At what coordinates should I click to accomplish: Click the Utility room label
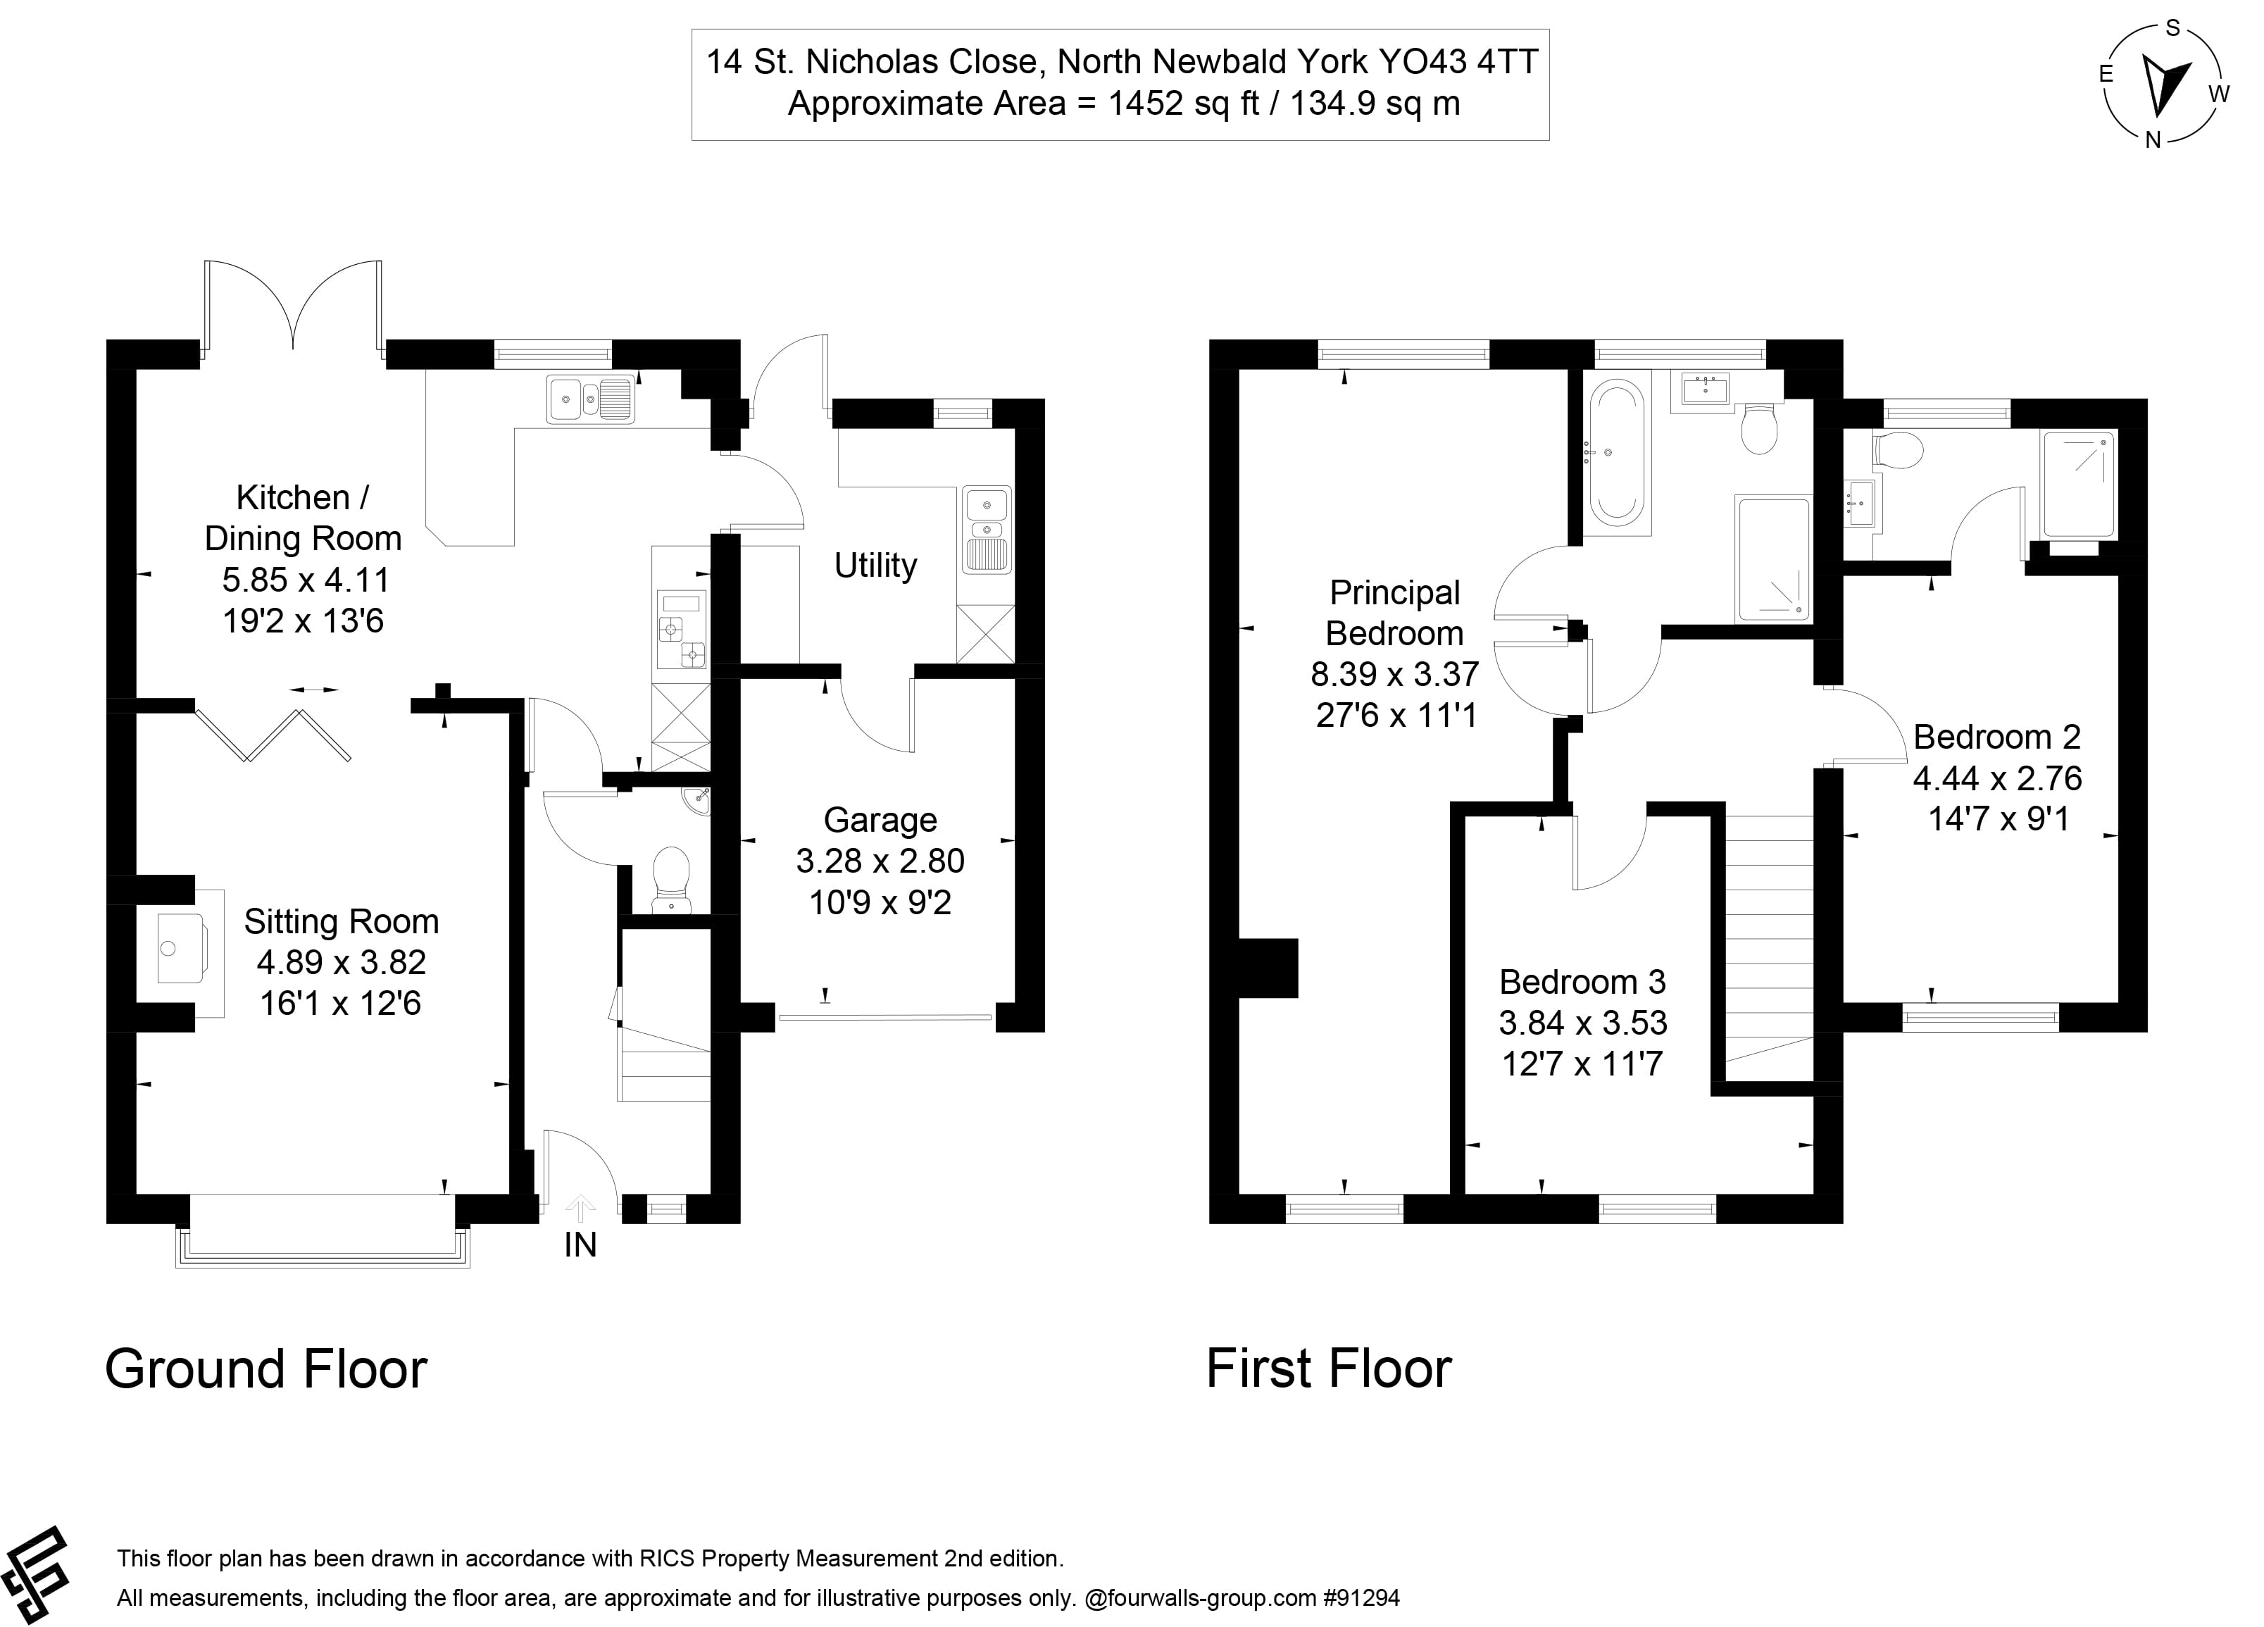[x=875, y=566]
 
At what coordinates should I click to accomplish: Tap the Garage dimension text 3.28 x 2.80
[x=880, y=861]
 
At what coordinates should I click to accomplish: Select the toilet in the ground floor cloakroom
[x=671, y=876]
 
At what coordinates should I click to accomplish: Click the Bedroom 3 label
[x=1582, y=983]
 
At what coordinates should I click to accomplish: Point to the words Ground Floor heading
[x=265, y=1369]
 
